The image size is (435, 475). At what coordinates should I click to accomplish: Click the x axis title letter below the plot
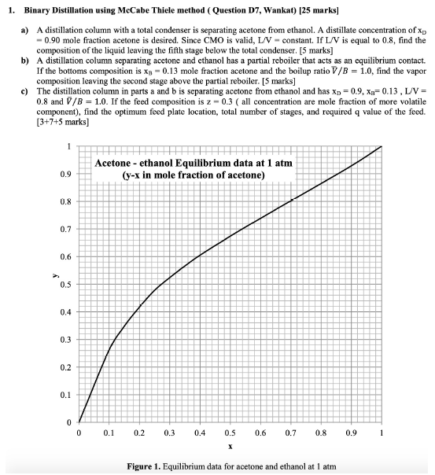tap(229, 446)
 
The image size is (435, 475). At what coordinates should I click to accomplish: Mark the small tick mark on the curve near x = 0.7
tap(292, 200)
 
